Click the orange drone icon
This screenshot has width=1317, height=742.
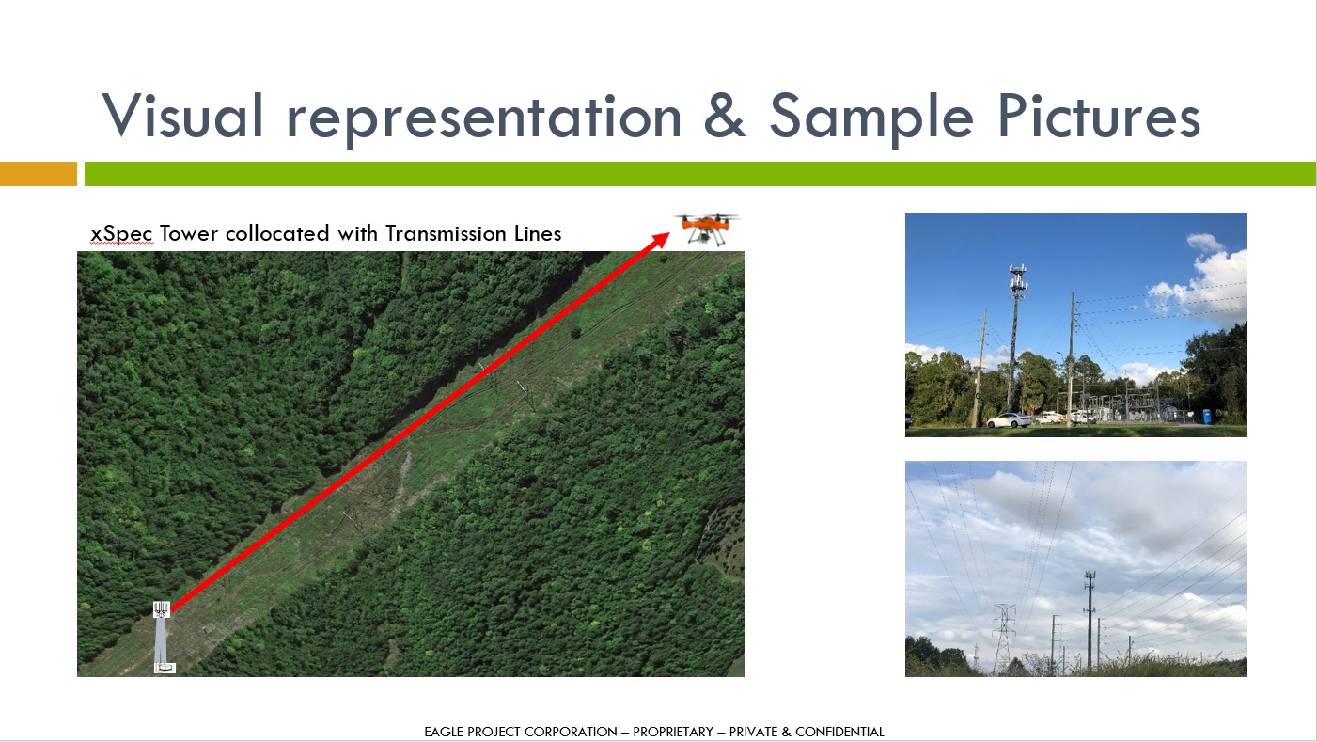coord(707,229)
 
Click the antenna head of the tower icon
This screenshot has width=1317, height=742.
coord(162,609)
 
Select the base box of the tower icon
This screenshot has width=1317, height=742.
coord(165,668)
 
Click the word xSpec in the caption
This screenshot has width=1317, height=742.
coord(121,234)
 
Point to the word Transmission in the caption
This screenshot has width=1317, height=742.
coord(446,233)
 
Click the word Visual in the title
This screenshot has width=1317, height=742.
coord(182,116)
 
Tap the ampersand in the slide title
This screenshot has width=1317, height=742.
coord(725,116)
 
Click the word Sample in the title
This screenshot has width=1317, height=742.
coord(871,118)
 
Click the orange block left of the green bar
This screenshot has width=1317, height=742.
coord(39,174)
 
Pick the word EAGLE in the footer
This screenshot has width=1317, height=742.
coord(445,732)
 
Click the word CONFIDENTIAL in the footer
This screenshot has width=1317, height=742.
coord(839,732)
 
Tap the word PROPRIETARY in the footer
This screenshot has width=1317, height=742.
coord(674,732)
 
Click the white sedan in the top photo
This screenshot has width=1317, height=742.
coord(1009,420)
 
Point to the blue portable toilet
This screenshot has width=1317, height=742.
coord(1207,416)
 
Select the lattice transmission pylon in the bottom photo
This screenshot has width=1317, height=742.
coord(1004,639)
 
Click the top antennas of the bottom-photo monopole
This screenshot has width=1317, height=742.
coord(1090,579)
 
